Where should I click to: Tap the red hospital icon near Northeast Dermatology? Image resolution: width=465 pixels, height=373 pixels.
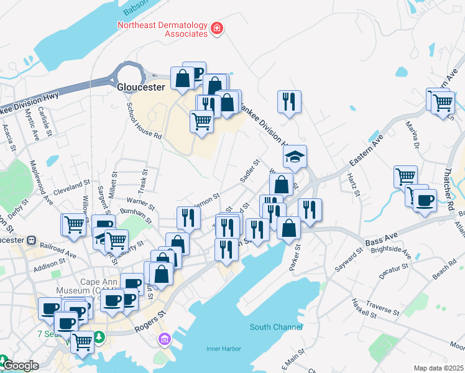[217, 28]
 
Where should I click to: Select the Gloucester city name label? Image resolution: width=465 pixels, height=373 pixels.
[141, 88]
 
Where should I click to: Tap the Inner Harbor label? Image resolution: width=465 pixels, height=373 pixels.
[223, 348]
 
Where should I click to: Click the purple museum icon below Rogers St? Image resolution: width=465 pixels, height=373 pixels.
[164, 339]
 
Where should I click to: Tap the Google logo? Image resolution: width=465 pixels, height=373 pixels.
[20, 366]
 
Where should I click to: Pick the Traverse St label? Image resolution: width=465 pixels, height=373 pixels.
[383, 306]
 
